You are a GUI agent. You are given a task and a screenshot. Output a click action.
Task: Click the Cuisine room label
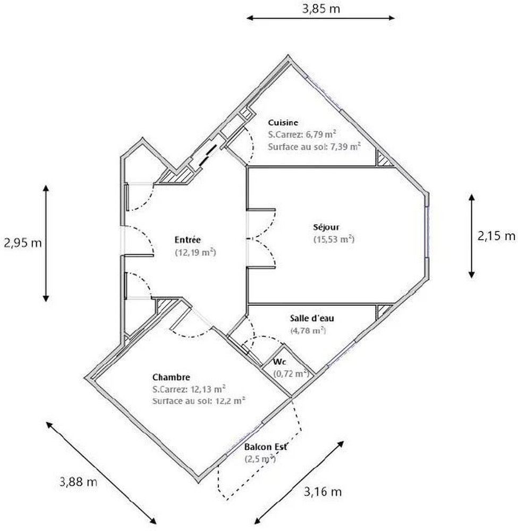pyautogui.click(x=283, y=123)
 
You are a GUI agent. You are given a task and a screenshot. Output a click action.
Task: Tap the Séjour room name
pyautogui.click(x=326, y=227)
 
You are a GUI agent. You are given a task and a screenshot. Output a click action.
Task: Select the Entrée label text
pyautogui.click(x=188, y=240)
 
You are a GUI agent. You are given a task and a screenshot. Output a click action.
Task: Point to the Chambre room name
pyautogui.click(x=171, y=377)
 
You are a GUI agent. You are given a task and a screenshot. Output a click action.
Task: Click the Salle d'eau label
pyautogui.click(x=312, y=318)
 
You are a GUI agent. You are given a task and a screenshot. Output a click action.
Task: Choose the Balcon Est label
pyautogui.click(x=266, y=447)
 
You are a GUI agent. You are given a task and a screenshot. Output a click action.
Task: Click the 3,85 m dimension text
pyautogui.click(x=321, y=8)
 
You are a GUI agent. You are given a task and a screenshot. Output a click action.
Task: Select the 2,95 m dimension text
pyautogui.click(x=23, y=243)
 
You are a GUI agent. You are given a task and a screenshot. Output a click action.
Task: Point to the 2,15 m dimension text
pyautogui.click(x=496, y=236)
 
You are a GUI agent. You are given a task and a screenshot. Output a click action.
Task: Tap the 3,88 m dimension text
pyautogui.click(x=78, y=481)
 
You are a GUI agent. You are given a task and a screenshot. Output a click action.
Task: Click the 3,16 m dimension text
pyautogui.click(x=322, y=491)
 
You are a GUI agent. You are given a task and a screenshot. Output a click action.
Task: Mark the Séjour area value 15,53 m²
pyautogui.click(x=334, y=239)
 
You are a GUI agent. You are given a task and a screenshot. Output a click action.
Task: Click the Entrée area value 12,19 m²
pyautogui.click(x=195, y=252)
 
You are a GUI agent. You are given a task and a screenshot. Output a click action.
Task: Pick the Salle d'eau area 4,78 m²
pyautogui.click(x=308, y=330)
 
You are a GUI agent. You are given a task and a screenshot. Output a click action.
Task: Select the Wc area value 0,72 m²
pyautogui.click(x=291, y=373)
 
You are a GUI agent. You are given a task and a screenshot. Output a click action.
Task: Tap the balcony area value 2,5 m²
pyautogui.click(x=260, y=459)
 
